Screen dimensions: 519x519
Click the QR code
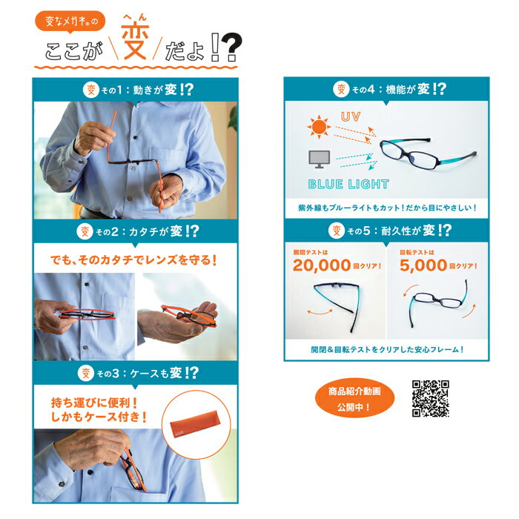[430, 398]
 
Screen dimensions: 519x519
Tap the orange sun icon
[319, 127]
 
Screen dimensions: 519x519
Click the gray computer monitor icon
[319, 159]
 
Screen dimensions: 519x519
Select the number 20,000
[321, 265]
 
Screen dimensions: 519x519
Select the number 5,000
[423, 265]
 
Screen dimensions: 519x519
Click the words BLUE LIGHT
[348, 185]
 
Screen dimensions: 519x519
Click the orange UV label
[351, 116]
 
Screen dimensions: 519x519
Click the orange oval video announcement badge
[354, 398]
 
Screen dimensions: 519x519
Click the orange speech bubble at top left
[70, 22]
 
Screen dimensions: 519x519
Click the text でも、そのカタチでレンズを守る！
[133, 259]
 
